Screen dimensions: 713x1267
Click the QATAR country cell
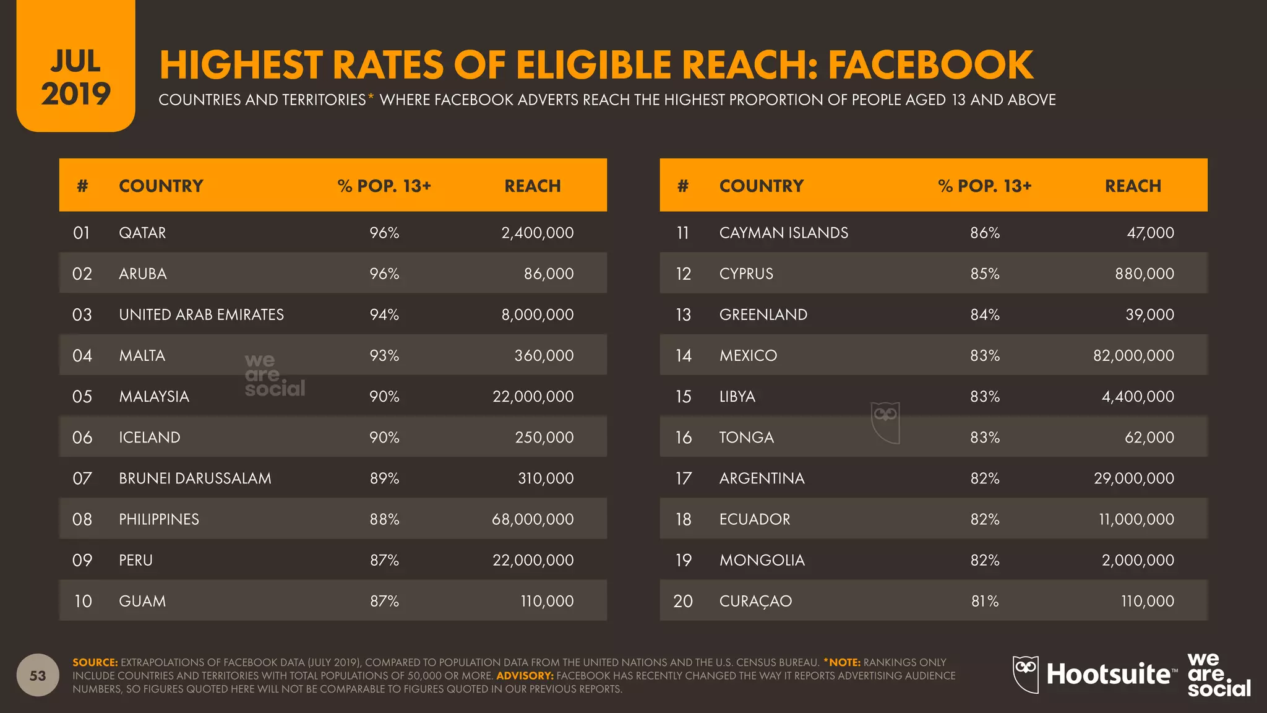coord(142,233)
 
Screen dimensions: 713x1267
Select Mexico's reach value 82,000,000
coord(1133,355)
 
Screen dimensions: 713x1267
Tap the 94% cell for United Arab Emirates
coord(384,314)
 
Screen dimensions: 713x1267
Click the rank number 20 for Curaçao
coord(683,601)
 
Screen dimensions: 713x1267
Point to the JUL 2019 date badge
coord(75,77)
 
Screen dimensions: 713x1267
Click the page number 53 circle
coord(38,675)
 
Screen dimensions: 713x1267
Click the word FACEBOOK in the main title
coord(930,65)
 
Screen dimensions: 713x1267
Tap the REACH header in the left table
coord(532,186)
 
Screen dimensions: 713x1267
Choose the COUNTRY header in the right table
coord(761,186)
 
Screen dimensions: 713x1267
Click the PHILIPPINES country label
coord(159,519)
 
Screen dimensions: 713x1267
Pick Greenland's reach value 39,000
coord(1149,314)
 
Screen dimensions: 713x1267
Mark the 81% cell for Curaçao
coord(985,601)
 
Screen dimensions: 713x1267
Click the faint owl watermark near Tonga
coord(885,423)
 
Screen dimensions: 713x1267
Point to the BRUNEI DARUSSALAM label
coord(195,478)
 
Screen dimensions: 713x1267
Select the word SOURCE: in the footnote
coord(95,662)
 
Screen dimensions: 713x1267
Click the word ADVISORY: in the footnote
coord(525,676)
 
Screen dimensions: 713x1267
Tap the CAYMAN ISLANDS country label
coord(783,233)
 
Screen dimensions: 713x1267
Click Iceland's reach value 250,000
coord(544,438)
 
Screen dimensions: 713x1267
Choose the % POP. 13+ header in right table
coord(984,186)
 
